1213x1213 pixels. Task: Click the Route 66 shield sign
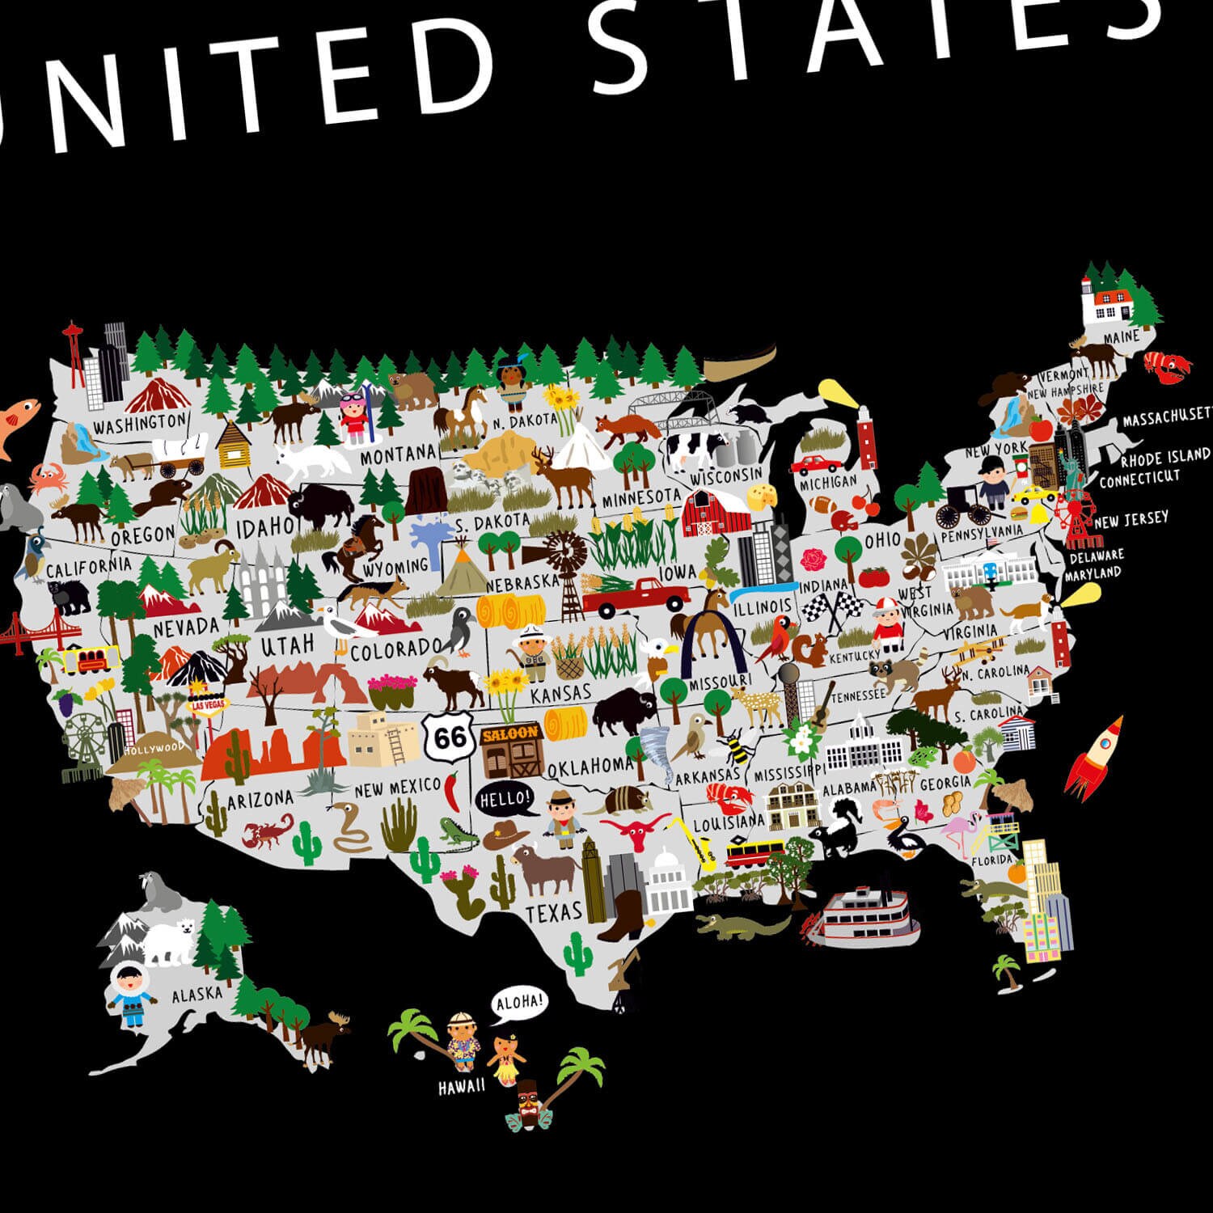click(450, 737)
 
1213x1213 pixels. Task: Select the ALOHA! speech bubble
click(518, 1004)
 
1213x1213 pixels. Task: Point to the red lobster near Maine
click(1167, 366)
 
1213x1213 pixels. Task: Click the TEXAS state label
click(554, 912)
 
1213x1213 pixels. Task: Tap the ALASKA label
click(197, 995)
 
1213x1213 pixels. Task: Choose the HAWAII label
click(462, 1087)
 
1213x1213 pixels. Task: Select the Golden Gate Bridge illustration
click(20, 631)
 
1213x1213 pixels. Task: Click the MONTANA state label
click(398, 455)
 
